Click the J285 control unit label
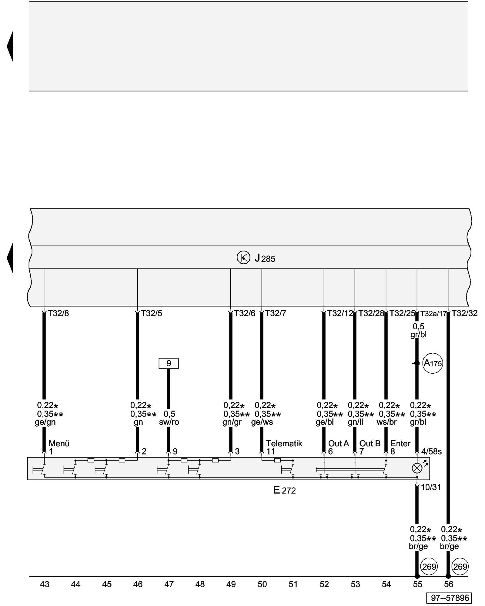[265, 258]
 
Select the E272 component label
[284, 490]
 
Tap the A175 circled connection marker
[433, 363]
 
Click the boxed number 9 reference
[169, 363]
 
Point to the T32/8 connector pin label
[58, 313]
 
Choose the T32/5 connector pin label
[152, 313]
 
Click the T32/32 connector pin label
[464, 313]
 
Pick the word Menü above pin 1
[59, 444]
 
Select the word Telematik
[284, 444]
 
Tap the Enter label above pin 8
[400, 444]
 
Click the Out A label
[338, 444]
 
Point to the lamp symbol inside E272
[417, 468]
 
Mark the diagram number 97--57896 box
[450, 598]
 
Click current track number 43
[45, 584]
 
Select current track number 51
[293, 584]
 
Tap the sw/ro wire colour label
[169, 422]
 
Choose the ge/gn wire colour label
[45, 422]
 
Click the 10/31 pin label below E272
[431, 488]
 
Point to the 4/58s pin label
[431, 452]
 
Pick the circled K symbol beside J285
[243, 258]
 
